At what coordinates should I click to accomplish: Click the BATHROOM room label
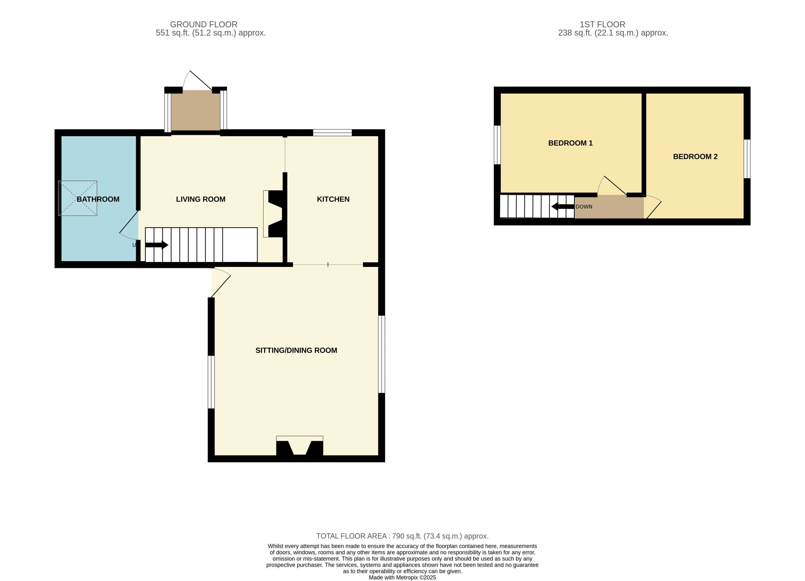point(98,199)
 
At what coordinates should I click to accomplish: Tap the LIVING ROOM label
point(201,199)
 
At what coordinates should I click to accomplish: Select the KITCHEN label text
point(333,199)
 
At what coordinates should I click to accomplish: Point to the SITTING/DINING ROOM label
point(296,350)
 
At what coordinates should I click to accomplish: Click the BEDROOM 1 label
point(570,143)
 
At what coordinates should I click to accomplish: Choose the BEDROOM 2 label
point(695,157)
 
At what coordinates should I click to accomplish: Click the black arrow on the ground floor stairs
point(157,245)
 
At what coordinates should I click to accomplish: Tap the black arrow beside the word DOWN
point(563,207)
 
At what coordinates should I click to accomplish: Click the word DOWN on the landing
point(584,207)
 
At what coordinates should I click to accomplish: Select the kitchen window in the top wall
point(332,133)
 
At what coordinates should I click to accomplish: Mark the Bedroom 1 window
point(497,145)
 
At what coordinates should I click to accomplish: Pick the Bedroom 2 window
point(747,159)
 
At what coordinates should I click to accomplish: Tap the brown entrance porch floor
point(196,110)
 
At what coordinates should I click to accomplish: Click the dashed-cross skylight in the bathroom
point(78,198)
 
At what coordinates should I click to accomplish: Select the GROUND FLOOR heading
point(203,25)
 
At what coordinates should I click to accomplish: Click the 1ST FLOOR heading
point(602,25)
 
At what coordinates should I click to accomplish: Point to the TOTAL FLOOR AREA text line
point(402,536)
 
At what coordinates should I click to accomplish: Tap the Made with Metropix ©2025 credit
point(402,578)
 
